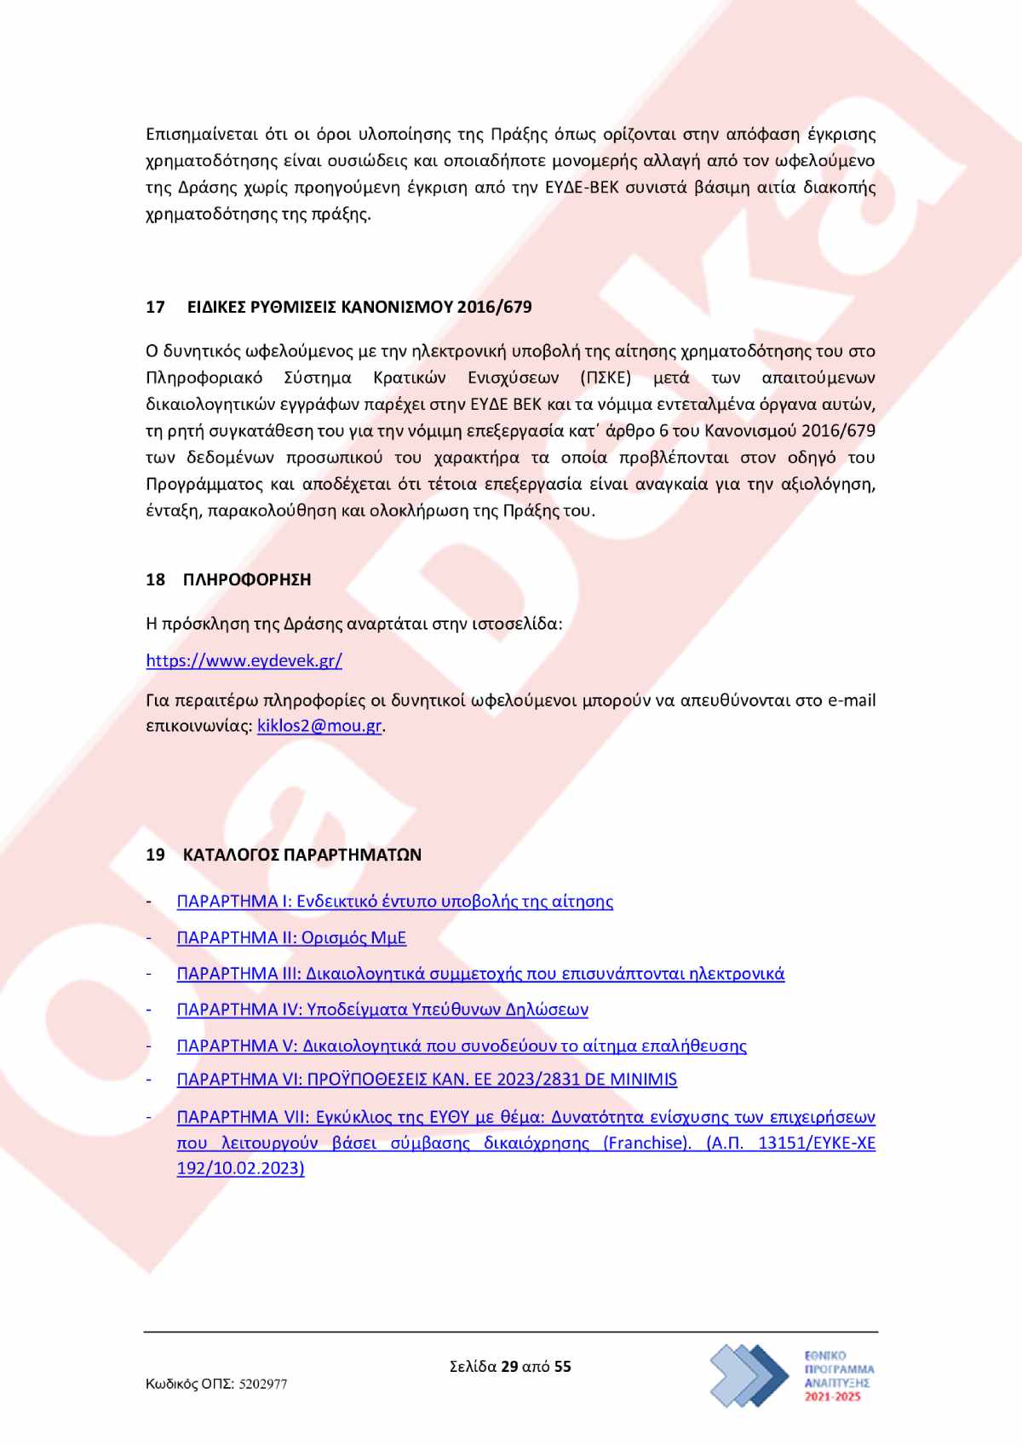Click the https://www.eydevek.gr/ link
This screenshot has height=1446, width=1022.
[244, 660]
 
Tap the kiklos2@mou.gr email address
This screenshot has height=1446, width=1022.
[319, 727]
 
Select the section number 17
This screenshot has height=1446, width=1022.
[155, 307]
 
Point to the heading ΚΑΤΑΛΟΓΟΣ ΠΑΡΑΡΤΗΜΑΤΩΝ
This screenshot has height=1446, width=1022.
[301, 855]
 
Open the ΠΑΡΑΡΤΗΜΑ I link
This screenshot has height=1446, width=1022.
[394, 902]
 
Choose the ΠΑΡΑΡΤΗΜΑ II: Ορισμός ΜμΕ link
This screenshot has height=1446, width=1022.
[291, 938]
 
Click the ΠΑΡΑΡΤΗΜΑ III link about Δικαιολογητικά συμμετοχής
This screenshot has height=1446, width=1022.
[480, 974]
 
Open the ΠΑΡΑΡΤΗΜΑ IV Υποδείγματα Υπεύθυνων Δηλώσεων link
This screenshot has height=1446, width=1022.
[382, 1010]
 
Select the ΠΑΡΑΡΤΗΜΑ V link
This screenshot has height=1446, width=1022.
[462, 1046]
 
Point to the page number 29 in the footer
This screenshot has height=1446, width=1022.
[509, 1367]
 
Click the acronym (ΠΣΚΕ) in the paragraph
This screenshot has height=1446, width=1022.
[606, 377]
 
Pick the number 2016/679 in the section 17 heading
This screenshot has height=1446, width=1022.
[494, 307]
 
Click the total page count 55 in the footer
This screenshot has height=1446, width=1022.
[563, 1367]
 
